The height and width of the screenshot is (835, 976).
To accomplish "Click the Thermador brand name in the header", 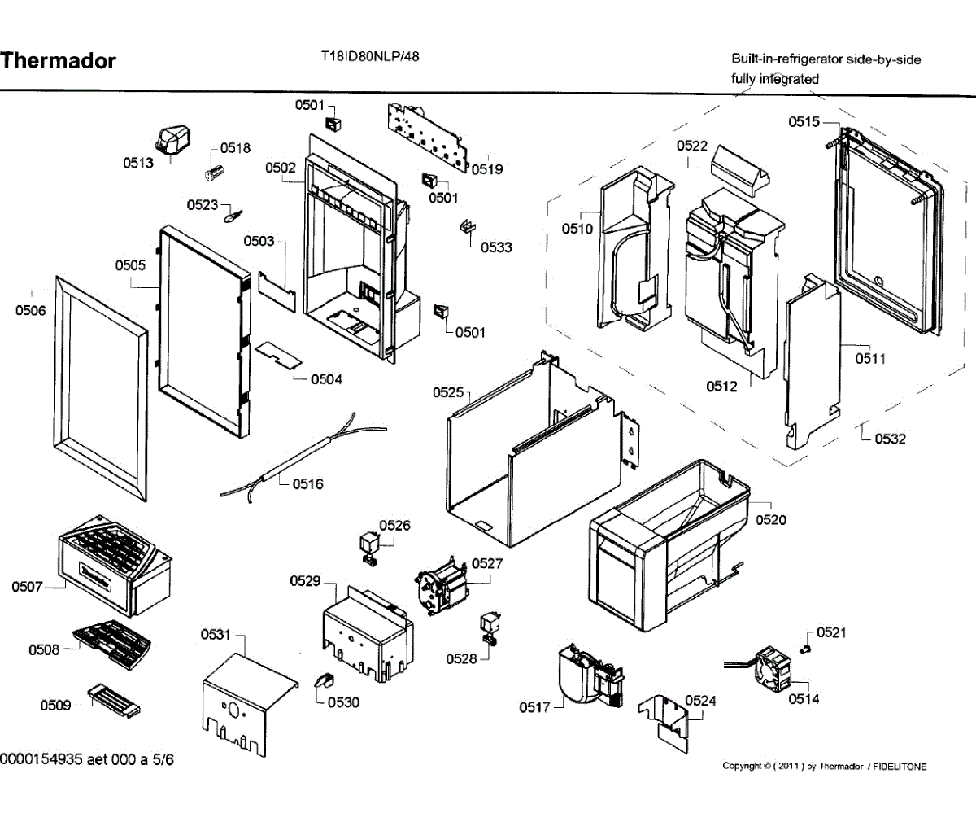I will pos(59,61).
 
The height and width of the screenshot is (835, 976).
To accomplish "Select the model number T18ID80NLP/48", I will pos(370,57).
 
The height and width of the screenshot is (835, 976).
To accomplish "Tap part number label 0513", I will pos(138,163).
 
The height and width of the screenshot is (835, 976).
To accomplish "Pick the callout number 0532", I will pos(890,439).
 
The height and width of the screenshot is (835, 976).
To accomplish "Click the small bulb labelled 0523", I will pos(234,217).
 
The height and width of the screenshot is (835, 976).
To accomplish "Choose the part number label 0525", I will pos(448,392).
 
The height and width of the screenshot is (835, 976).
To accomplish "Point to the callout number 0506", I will pos(31,310).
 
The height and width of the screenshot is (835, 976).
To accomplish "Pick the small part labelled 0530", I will pos(322,681).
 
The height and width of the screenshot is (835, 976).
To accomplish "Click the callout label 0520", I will pos(770,519).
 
